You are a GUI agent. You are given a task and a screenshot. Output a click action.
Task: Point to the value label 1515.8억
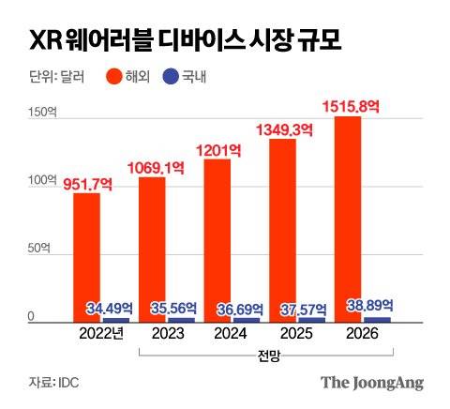[352, 106]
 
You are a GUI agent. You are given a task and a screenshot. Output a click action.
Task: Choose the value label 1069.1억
[161, 167]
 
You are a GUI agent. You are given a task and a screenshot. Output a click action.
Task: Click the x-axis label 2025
[296, 332]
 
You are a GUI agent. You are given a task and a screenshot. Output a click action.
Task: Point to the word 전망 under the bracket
[269, 357]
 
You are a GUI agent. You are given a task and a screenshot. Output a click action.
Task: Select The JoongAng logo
[372, 382]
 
